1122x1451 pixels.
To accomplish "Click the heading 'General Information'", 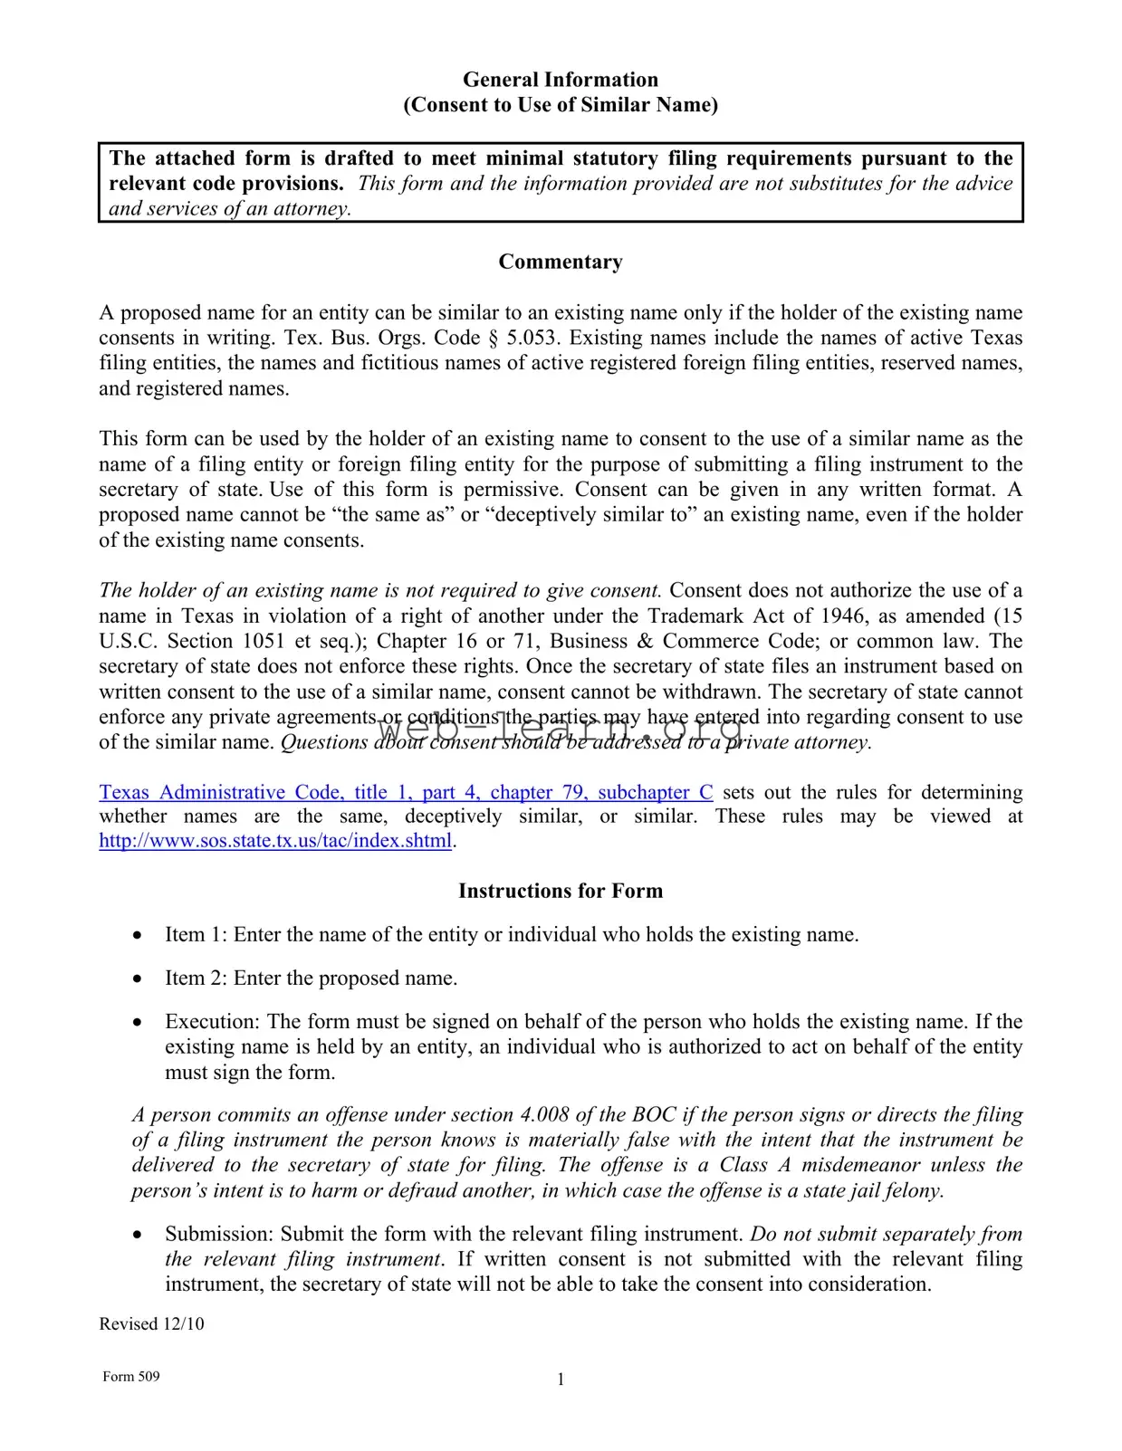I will (560, 80).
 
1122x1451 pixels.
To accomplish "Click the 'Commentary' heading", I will (560, 263).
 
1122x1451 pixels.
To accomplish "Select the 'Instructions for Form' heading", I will (560, 892).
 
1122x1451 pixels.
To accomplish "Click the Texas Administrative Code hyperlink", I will (406, 793).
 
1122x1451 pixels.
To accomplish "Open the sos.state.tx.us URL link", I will (275, 841).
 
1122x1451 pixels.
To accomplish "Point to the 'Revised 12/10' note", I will (151, 1324).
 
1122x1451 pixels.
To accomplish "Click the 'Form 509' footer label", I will (131, 1377).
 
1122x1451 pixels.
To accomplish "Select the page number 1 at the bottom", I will (561, 1379).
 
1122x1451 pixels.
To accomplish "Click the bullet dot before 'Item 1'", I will (137, 935).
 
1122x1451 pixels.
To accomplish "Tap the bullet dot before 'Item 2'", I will (137, 978).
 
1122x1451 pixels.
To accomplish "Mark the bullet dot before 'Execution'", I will (137, 1022).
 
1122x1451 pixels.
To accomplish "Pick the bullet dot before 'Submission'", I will (137, 1235).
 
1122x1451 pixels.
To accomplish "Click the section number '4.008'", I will (545, 1115).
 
